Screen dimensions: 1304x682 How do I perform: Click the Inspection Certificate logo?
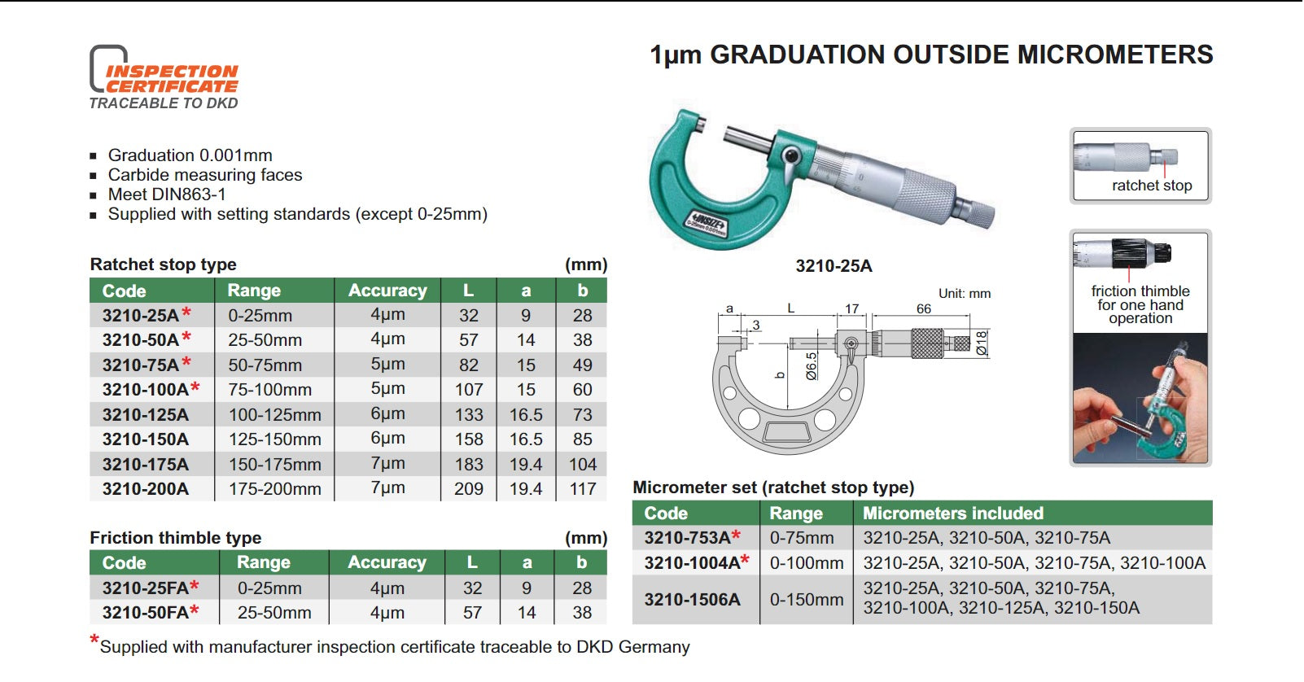(164, 77)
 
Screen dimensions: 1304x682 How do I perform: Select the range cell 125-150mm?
(275, 439)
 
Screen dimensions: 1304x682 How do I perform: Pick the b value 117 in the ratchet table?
(582, 489)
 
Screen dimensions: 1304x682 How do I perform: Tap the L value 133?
(469, 414)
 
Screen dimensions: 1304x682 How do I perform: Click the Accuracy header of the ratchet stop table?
(387, 291)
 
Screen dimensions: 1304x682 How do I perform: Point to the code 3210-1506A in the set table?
(692, 599)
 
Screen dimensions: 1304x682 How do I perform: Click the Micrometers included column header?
(953, 514)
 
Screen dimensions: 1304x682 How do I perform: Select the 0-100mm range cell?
(807, 562)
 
